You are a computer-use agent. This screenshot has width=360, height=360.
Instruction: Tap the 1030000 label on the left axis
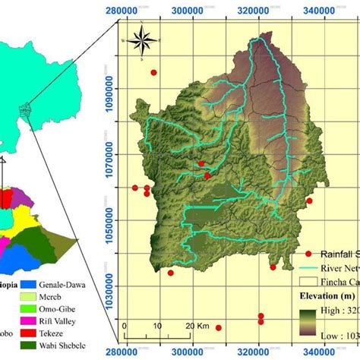click(103, 287)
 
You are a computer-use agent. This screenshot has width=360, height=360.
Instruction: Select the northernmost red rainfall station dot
click(153, 73)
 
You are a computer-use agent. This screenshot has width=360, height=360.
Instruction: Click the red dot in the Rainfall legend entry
click(309, 254)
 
